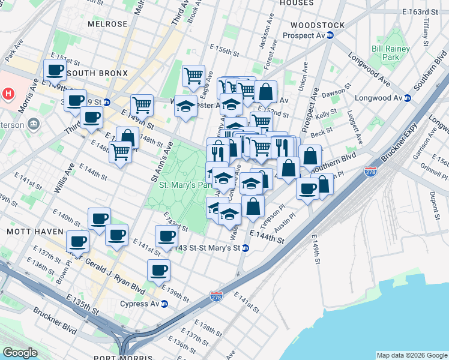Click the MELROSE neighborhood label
coord(107,24)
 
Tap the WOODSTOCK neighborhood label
coord(317,25)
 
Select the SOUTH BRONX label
coord(98,73)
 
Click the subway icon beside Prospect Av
coord(330,36)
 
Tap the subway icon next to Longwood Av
coord(408,98)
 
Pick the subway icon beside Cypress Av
coord(164,304)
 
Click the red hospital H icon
coord(8,94)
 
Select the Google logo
coord(20,353)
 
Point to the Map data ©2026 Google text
coord(411,355)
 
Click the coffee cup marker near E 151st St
coord(55,70)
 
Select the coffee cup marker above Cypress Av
coord(158,270)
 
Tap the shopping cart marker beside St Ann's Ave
coord(142,106)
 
